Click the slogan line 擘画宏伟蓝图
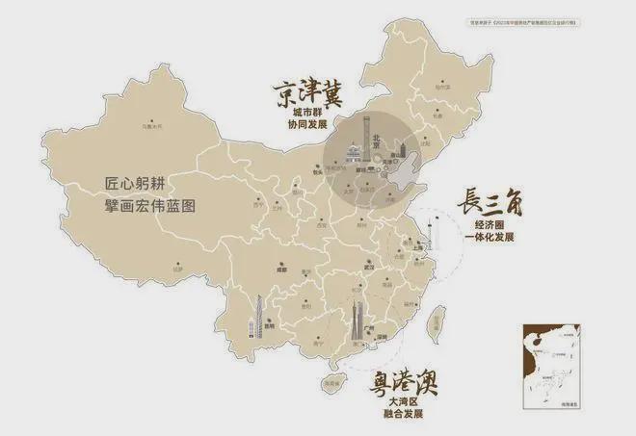click(155, 206)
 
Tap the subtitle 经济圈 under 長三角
click(490, 225)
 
